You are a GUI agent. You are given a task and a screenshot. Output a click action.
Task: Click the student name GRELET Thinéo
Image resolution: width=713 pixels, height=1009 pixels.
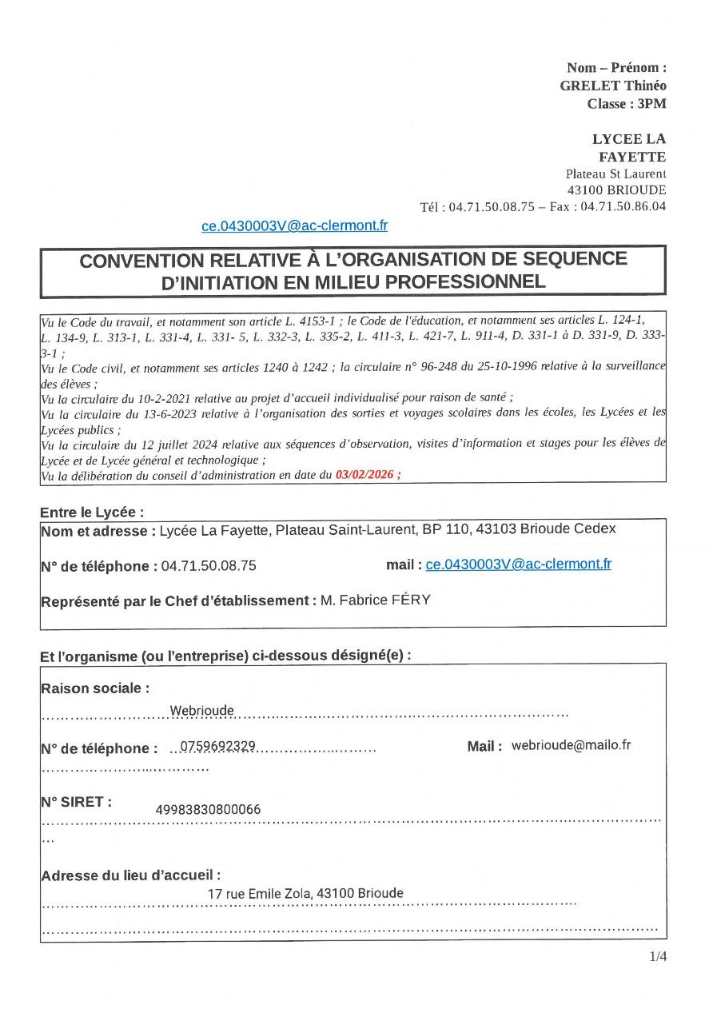point(613,86)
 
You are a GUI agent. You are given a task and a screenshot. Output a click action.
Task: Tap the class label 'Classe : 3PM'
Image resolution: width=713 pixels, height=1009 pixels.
point(626,103)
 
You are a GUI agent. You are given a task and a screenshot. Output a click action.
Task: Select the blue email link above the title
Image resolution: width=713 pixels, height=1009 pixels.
point(294,225)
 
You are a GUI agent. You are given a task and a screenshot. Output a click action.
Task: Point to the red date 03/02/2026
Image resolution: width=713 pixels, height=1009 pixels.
point(368,474)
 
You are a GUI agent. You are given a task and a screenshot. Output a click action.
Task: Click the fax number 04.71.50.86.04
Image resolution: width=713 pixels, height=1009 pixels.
point(623,206)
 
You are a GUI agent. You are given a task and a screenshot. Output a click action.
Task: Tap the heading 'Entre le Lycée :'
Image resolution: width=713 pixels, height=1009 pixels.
point(92,512)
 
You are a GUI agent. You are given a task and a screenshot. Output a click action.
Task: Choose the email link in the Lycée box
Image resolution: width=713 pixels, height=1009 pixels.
point(518,564)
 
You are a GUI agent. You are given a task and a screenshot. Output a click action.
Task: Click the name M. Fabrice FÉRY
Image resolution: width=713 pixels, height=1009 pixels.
point(375,600)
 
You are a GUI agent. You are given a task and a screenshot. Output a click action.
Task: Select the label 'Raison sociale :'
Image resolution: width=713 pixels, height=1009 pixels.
point(94,688)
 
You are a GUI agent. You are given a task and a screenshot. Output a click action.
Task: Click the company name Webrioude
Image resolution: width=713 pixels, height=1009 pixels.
point(202,711)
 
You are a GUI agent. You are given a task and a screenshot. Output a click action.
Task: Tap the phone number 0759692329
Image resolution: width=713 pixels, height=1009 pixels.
point(217,746)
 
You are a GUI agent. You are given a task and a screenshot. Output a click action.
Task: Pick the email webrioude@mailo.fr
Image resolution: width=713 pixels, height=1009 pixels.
point(571,744)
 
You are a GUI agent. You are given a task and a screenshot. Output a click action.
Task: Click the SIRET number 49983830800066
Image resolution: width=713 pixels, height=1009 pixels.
point(208,810)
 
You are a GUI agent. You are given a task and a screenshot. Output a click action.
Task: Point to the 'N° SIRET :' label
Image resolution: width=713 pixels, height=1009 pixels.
point(76,802)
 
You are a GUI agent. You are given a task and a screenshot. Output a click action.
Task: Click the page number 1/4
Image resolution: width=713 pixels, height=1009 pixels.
point(658,955)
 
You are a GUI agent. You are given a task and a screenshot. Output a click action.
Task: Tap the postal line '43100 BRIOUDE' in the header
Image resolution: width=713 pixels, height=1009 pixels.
point(615,190)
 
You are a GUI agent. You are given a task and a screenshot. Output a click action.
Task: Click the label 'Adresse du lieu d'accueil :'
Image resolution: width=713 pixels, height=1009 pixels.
point(130,875)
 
